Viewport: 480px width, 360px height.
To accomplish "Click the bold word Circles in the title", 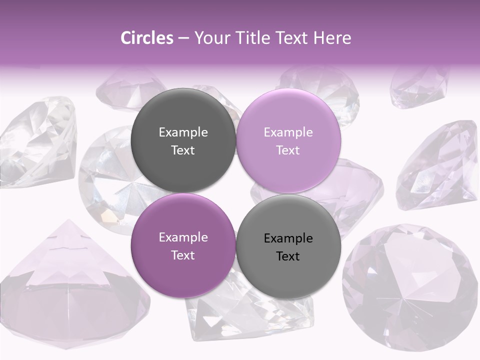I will [x=147, y=38].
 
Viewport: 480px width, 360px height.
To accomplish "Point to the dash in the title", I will [x=183, y=38].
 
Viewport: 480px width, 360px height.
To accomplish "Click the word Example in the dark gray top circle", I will [x=183, y=132].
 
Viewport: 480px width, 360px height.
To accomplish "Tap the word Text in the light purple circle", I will [x=288, y=150].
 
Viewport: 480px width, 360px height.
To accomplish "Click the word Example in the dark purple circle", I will [x=183, y=237].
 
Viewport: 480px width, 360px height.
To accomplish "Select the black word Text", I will [x=288, y=256].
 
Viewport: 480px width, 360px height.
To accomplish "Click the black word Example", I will [x=288, y=238].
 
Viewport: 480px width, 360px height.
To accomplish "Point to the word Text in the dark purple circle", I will [x=183, y=255].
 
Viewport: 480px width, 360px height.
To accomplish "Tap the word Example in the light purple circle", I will [x=288, y=132].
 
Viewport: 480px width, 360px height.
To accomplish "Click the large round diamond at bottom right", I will [x=410, y=280].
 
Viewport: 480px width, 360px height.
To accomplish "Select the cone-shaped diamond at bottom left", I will [x=70, y=285].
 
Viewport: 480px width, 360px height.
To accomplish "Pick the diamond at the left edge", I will [x=37, y=142].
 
